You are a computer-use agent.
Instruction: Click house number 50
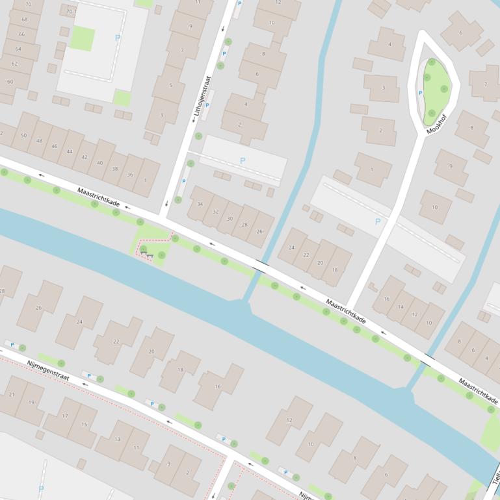[x=24, y=135]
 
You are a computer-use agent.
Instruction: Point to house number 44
[x=70, y=151]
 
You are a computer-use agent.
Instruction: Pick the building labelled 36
[x=130, y=175]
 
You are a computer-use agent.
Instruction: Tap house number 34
[x=200, y=205]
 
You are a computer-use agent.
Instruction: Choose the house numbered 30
[x=230, y=219]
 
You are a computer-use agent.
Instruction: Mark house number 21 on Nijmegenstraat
[x=12, y=394]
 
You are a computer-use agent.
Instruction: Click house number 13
[x=118, y=439]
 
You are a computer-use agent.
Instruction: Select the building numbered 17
[x=65, y=416]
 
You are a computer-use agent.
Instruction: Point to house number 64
[x=18, y=49]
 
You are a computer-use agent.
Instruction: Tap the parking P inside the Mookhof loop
[x=420, y=93]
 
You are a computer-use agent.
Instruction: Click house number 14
[x=401, y=306]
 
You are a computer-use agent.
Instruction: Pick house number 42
[x=85, y=158]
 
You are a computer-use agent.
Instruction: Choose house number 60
[x=10, y=82]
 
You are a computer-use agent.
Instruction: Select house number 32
[x=215, y=212]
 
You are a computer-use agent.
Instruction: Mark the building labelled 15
[x=84, y=424]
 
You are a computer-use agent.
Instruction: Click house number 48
[x=39, y=141]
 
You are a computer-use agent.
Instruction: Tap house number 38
[x=115, y=168]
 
